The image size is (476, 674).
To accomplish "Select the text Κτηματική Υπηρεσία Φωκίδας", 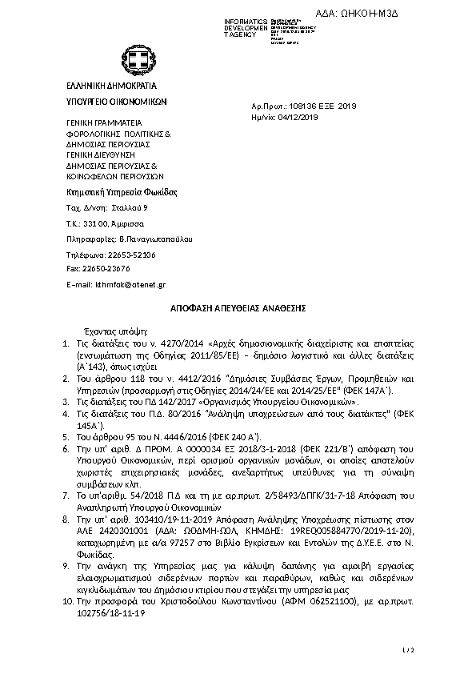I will tap(120, 192).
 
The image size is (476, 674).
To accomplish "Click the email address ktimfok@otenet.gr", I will tap(130, 284).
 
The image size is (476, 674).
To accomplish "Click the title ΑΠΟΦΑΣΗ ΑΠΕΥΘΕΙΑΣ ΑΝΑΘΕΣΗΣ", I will tap(238, 307).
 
